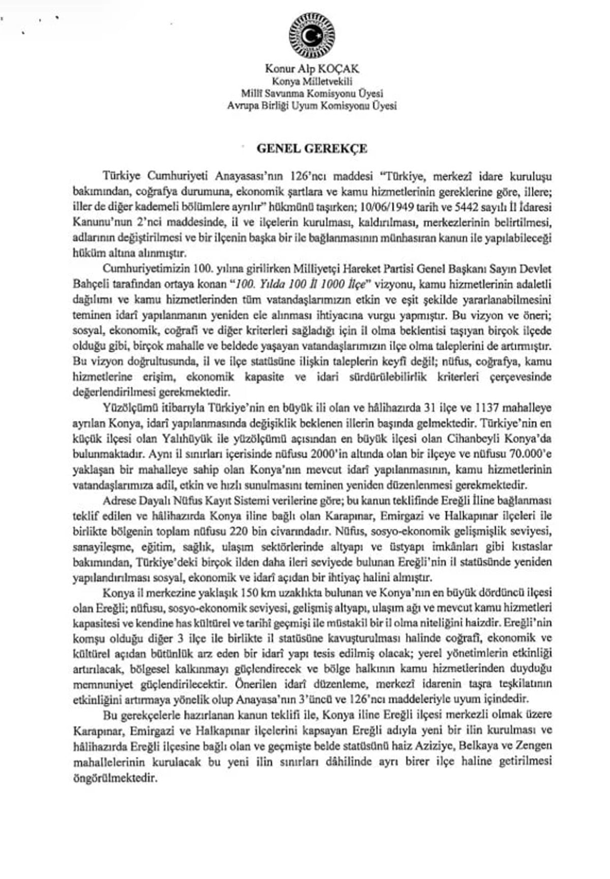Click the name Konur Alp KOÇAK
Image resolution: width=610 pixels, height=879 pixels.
312,69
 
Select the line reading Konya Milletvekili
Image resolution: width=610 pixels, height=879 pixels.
312,81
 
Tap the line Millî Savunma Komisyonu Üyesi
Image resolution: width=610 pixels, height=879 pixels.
312,94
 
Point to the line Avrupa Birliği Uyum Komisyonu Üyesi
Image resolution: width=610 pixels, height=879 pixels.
312,106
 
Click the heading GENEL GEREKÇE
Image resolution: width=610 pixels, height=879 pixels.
312,149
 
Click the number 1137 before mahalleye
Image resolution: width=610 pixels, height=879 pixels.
491,408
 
